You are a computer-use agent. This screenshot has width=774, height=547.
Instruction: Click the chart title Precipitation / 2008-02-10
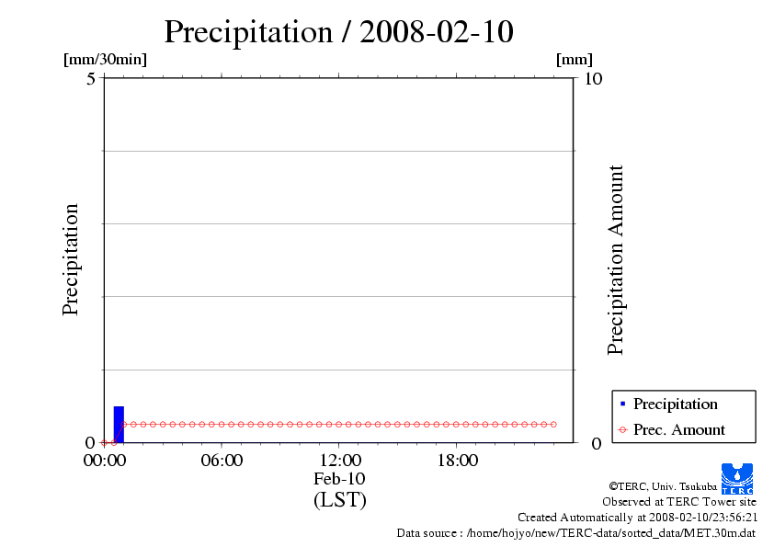point(338,32)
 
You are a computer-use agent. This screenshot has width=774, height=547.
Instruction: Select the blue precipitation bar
point(118,424)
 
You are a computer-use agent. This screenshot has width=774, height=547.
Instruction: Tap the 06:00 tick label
point(222,461)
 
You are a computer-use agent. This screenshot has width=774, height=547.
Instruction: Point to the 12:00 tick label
point(339,461)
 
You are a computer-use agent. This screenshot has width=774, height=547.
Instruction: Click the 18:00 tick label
point(457,461)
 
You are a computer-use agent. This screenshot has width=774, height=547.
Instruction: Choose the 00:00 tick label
point(104,461)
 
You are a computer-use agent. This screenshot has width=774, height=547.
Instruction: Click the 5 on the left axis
point(91,79)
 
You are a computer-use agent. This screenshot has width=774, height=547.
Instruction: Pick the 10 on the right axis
point(593,79)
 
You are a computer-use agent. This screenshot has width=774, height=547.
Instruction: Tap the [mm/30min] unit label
point(105,60)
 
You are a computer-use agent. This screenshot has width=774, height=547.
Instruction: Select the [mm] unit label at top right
point(575,60)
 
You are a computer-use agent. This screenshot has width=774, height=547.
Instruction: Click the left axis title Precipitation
point(71,259)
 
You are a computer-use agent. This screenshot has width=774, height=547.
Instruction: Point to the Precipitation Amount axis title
point(616,259)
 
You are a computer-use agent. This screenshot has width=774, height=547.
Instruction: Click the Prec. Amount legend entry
point(678,429)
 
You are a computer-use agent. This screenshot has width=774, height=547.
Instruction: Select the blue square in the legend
point(622,405)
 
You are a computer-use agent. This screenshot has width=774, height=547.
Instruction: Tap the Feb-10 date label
point(339,479)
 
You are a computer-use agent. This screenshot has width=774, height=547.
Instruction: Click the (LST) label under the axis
point(339,500)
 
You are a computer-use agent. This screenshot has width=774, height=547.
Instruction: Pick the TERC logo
point(736,478)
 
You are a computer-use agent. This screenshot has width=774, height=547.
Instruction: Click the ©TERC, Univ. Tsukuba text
point(662,485)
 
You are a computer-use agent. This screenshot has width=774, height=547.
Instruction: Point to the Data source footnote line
point(575,532)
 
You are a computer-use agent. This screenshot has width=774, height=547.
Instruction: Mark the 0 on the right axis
point(597,443)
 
